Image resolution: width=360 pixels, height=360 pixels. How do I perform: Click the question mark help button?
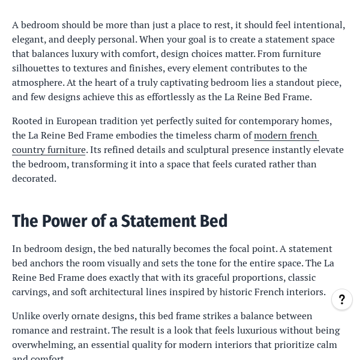click(342, 299)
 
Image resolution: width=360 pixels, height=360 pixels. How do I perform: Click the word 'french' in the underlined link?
click(302, 135)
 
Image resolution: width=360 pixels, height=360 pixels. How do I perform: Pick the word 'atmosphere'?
click(37, 82)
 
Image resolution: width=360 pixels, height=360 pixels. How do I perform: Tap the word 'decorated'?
click(34, 178)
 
